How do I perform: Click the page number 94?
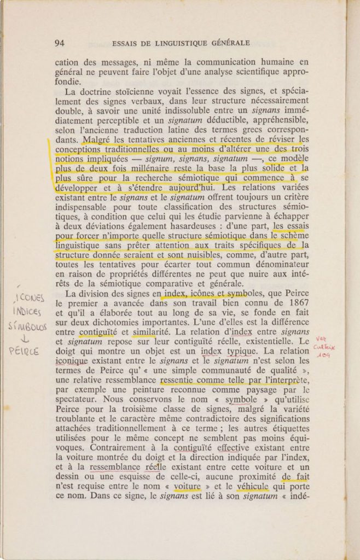click(x=60, y=43)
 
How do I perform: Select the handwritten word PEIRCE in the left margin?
click(x=23, y=352)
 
